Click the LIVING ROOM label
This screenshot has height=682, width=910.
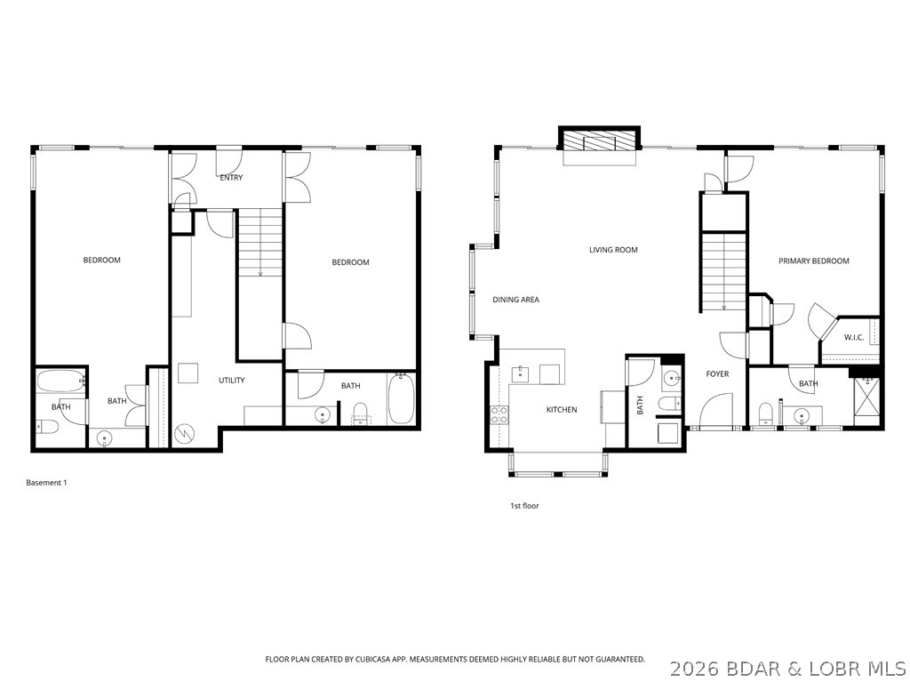(x=613, y=250)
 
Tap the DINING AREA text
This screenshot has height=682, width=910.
(x=515, y=300)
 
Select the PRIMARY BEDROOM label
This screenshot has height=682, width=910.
(x=813, y=261)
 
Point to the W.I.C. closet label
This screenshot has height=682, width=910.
(x=852, y=337)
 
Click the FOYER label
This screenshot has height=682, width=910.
(x=717, y=373)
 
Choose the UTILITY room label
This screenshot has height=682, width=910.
(x=232, y=381)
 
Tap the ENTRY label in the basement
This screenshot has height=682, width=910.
(x=231, y=178)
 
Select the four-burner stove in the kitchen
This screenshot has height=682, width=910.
(x=499, y=414)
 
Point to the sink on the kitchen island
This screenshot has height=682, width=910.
(x=522, y=373)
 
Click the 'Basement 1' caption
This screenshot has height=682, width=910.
(x=46, y=483)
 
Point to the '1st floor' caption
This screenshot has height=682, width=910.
(x=524, y=506)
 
